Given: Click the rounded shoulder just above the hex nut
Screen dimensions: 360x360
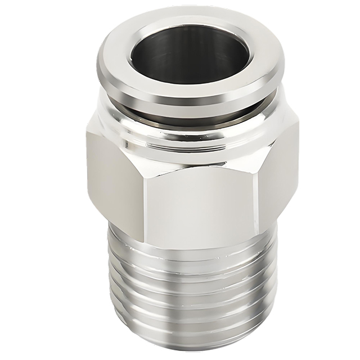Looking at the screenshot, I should [x=186, y=135].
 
